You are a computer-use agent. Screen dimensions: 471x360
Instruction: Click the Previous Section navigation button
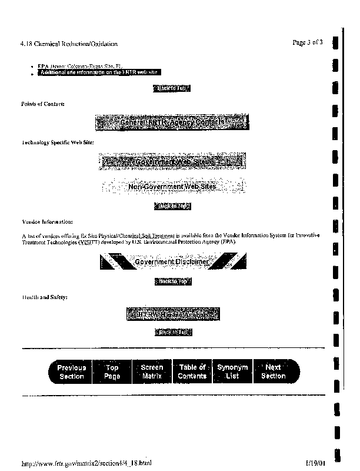coord(71,372)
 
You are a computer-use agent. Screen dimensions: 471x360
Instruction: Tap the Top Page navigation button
coord(112,372)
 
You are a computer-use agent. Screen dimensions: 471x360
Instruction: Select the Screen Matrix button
coord(152,372)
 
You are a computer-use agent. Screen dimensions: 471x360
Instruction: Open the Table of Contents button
coord(192,372)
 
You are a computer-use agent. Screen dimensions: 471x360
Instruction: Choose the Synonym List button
coord(232,372)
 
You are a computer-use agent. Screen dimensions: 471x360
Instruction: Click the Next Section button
coord(273,372)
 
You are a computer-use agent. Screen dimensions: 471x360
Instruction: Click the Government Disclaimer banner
coord(173,262)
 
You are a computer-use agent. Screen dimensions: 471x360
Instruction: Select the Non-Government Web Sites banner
coord(172,187)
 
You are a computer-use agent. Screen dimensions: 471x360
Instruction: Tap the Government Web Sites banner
coord(173,161)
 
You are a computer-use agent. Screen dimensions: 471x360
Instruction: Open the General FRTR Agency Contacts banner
coord(171,122)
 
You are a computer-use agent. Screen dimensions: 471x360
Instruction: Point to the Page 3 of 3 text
coord(307,42)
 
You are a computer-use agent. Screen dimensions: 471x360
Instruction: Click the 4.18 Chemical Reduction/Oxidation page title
coord(69,44)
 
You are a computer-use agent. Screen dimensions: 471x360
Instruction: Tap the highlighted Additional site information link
coord(98,72)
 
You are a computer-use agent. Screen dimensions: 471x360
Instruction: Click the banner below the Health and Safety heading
coord(173,314)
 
